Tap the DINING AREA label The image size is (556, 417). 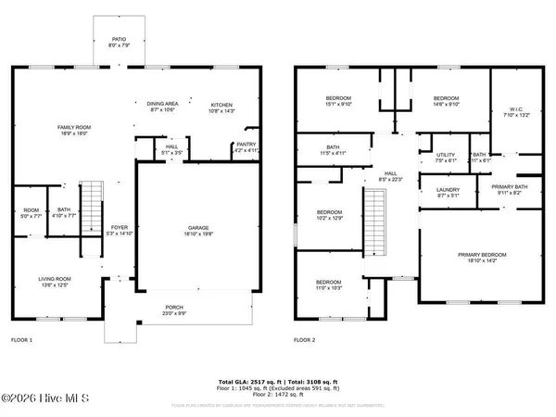click(162, 104)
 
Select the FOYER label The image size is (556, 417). click(120, 227)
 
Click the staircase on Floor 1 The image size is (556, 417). click(91, 209)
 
